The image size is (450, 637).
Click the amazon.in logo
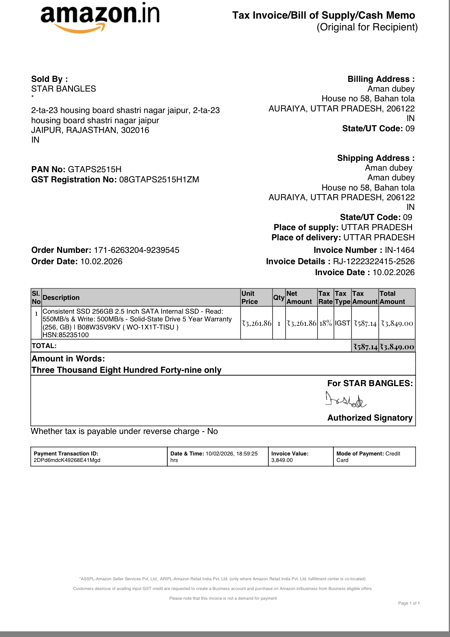tap(100, 16)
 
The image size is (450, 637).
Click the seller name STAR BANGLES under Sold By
tap(64, 89)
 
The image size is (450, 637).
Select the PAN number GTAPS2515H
tap(95, 169)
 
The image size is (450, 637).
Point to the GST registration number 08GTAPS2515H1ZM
tap(159, 180)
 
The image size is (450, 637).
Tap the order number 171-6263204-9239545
tap(136, 250)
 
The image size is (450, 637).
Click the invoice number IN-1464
tap(400, 250)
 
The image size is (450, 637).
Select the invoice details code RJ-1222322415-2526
tap(374, 261)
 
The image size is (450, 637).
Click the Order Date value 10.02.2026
tap(101, 261)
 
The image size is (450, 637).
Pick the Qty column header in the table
tap(279, 297)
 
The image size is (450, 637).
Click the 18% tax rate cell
tap(326, 323)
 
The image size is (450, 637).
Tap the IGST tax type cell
tap(342, 323)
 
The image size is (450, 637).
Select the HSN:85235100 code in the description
tap(66, 335)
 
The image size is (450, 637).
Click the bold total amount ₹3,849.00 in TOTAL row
tap(397, 347)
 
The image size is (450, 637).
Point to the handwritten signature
tap(346, 400)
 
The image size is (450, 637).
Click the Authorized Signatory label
tap(370, 418)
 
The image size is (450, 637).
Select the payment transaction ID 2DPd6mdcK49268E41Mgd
tap(67, 460)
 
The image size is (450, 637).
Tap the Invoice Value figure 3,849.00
tap(282, 460)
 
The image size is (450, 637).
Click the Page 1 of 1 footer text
tap(409, 603)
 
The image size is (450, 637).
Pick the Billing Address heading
tap(381, 79)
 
